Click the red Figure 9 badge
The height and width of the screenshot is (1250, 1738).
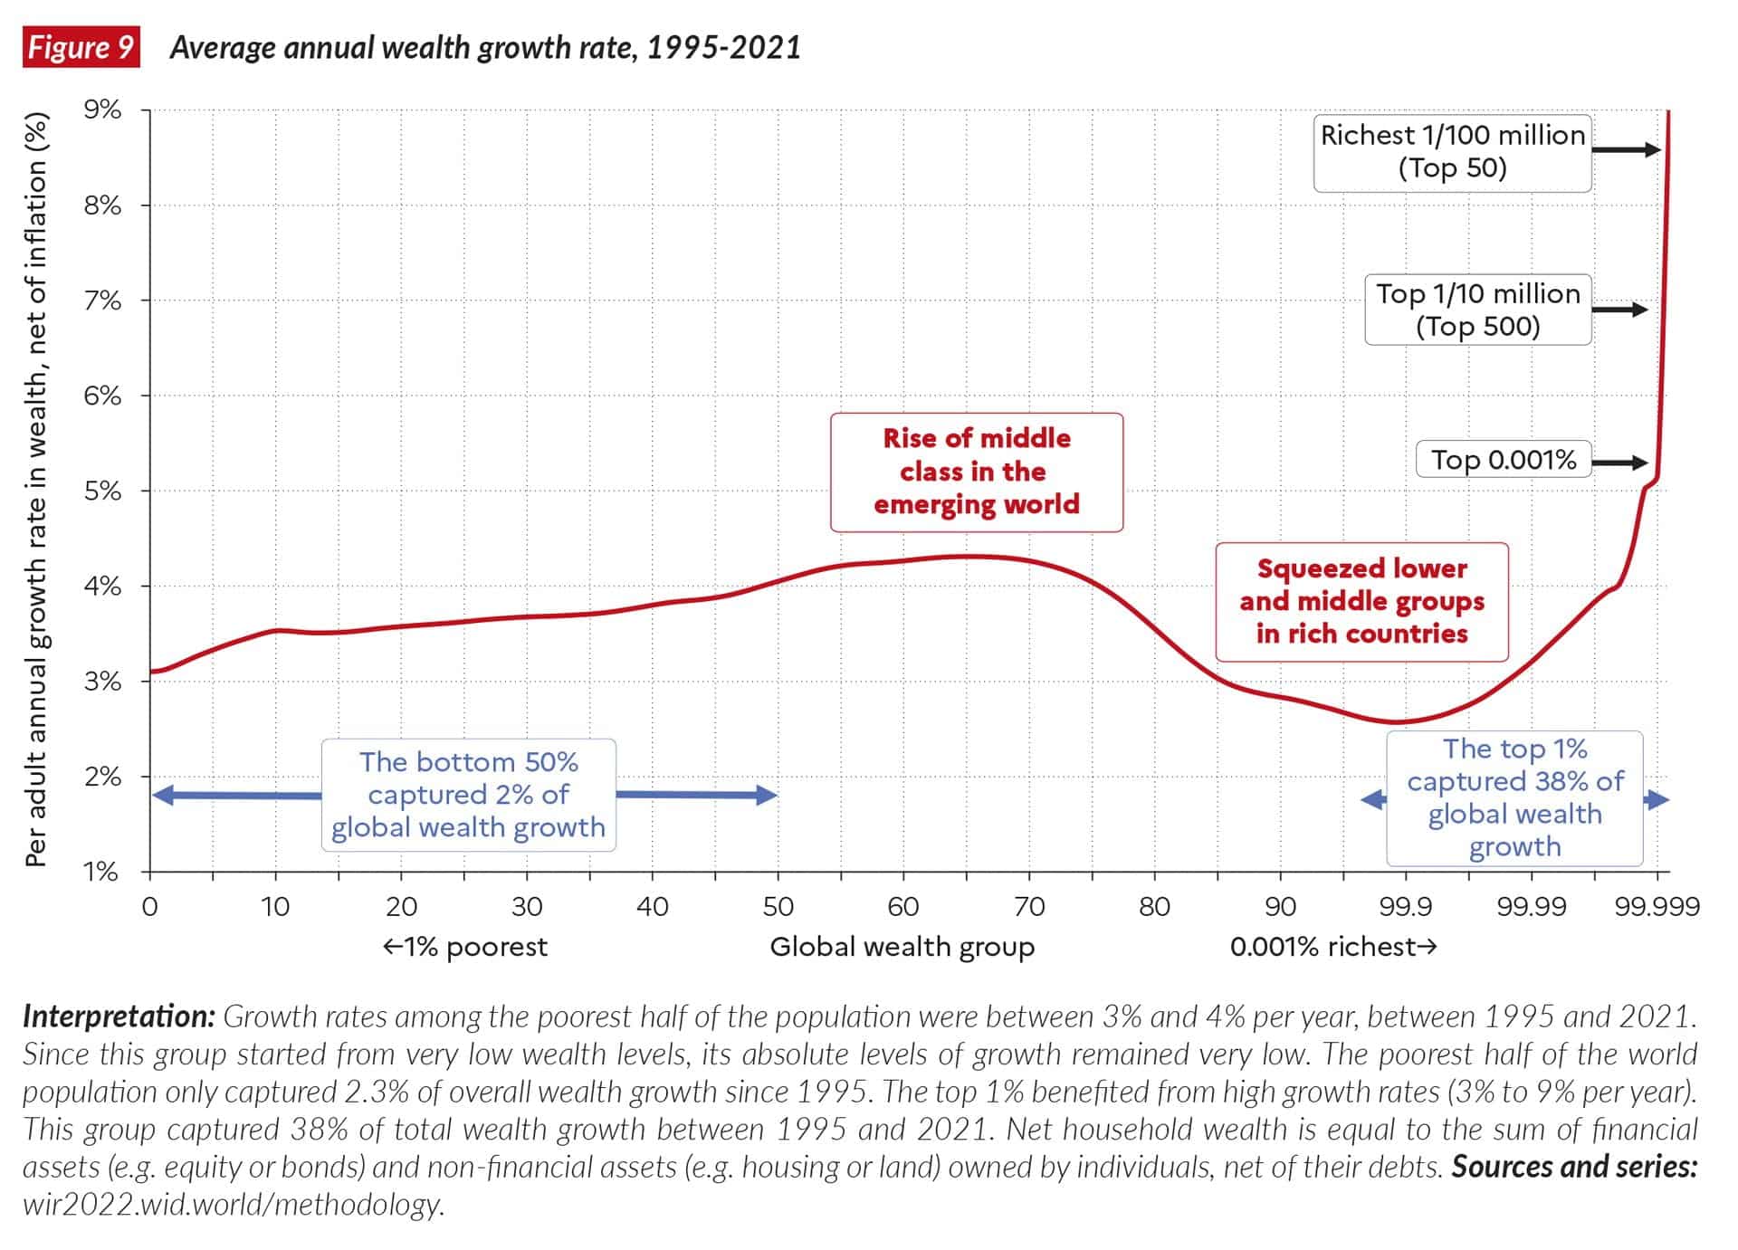[x=81, y=47]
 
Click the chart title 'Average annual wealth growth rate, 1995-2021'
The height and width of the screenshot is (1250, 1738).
[x=485, y=48]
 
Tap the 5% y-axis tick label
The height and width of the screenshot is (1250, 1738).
[x=102, y=491]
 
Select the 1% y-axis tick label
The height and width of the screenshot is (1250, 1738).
[x=102, y=872]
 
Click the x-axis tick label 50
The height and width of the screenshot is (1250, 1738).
[x=778, y=906]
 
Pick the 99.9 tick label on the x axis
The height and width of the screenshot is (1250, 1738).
[x=1405, y=906]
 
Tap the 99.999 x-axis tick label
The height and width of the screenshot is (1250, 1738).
[x=1657, y=906]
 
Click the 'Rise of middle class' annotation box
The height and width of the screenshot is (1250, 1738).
[x=977, y=472]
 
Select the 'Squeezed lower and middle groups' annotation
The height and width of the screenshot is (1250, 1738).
[x=1361, y=602]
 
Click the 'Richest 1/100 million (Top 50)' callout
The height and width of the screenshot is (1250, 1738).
[x=1452, y=152]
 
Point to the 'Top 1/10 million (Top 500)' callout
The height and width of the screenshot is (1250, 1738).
[x=1477, y=310]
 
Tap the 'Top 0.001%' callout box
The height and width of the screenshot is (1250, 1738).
[x=1504, y=460]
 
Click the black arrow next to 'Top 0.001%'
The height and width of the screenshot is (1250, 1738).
[x=1619, y=463]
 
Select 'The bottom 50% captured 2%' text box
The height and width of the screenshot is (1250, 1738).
[x=468, y=795]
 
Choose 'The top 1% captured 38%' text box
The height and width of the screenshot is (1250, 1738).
[x=1514, y=798]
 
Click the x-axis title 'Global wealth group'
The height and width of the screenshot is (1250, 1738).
[x=902, y=947]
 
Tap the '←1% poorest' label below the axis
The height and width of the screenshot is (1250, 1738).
[x=465, y=947]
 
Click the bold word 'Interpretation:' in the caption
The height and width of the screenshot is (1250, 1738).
[x=119, y=1017]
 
